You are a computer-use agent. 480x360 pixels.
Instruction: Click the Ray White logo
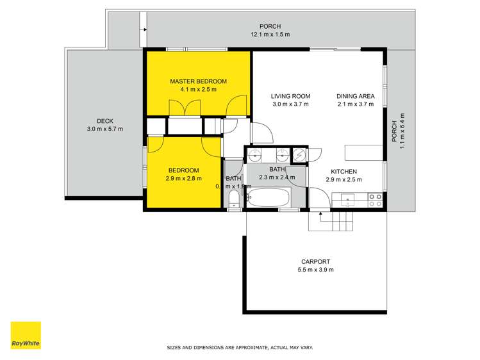26,335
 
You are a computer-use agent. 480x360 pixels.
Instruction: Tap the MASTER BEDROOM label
198,81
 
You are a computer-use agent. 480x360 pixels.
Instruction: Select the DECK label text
104,121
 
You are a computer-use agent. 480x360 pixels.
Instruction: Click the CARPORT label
315,261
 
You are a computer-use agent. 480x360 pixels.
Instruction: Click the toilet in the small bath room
233,197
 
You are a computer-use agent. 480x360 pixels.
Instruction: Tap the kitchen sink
347,198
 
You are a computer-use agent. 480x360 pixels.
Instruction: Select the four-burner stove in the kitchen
375,200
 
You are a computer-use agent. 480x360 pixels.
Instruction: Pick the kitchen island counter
363,152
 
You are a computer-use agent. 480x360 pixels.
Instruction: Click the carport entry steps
331,222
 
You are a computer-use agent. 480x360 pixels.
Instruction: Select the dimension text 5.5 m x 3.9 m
315,270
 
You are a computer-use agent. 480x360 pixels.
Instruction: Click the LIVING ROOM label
290,97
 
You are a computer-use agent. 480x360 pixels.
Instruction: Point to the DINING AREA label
355,97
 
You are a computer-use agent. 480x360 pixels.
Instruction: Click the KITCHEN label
343,171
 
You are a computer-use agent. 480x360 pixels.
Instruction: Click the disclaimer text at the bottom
239,347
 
